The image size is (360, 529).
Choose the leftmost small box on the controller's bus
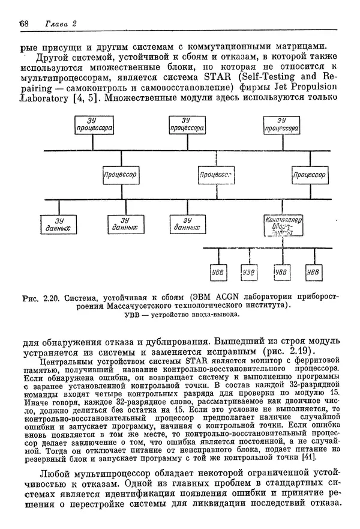click(217, 272)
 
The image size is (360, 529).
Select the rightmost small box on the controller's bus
click(313, 272)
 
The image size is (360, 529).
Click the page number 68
click(24, 23)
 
